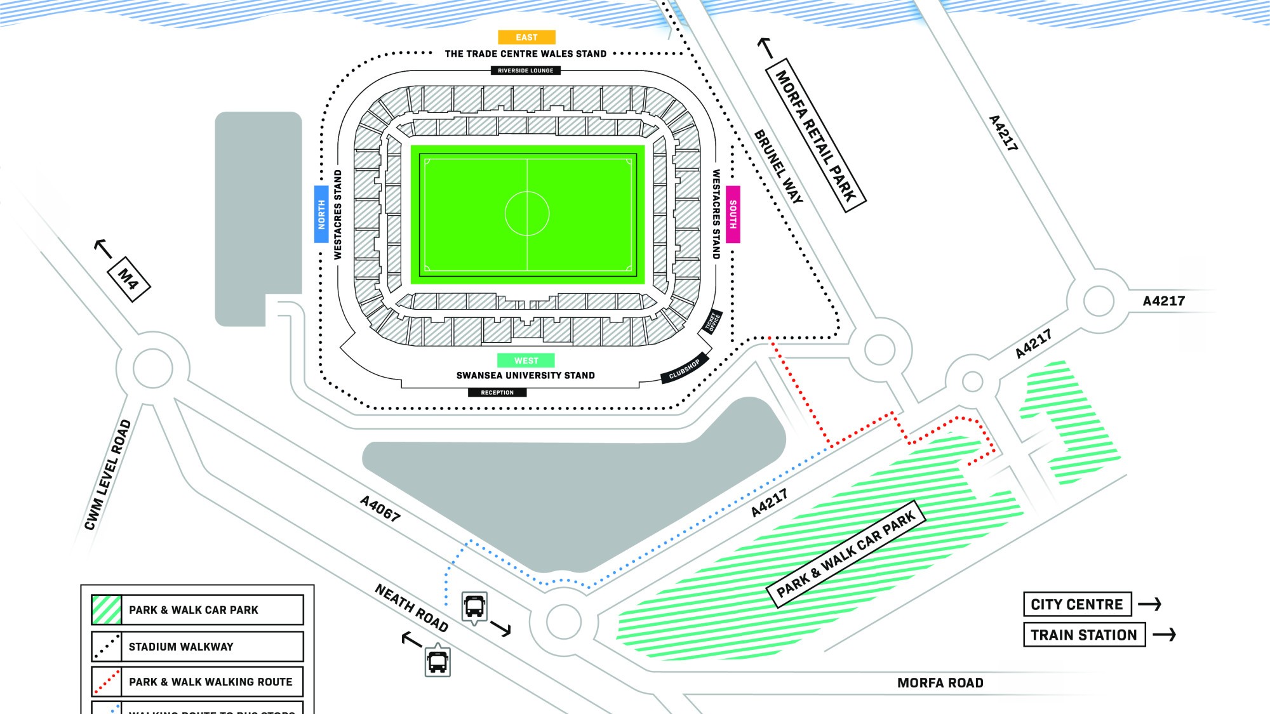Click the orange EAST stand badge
pos(526,37)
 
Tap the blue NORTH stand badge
pos(321,214)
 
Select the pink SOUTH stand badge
pos(733,214)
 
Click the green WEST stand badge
pos(526,360)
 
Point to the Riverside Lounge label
pos(525,70)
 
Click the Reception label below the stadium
pos(497,393)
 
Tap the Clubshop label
pos(685,369)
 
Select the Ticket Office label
pos(712,322)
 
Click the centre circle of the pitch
pos(527,213)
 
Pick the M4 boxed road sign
pos(128,279)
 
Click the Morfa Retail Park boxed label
pos(817,136)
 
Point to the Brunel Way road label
pos(779,166)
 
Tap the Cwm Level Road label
pos(108,474)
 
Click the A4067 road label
pos(380,508)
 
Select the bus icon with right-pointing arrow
pos(474,607)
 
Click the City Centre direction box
pos(1077,604)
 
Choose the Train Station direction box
pos(1084,635)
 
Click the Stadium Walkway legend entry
pos(197,646)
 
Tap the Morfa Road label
pos(940,683)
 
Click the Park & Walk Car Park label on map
pos(846,555)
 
